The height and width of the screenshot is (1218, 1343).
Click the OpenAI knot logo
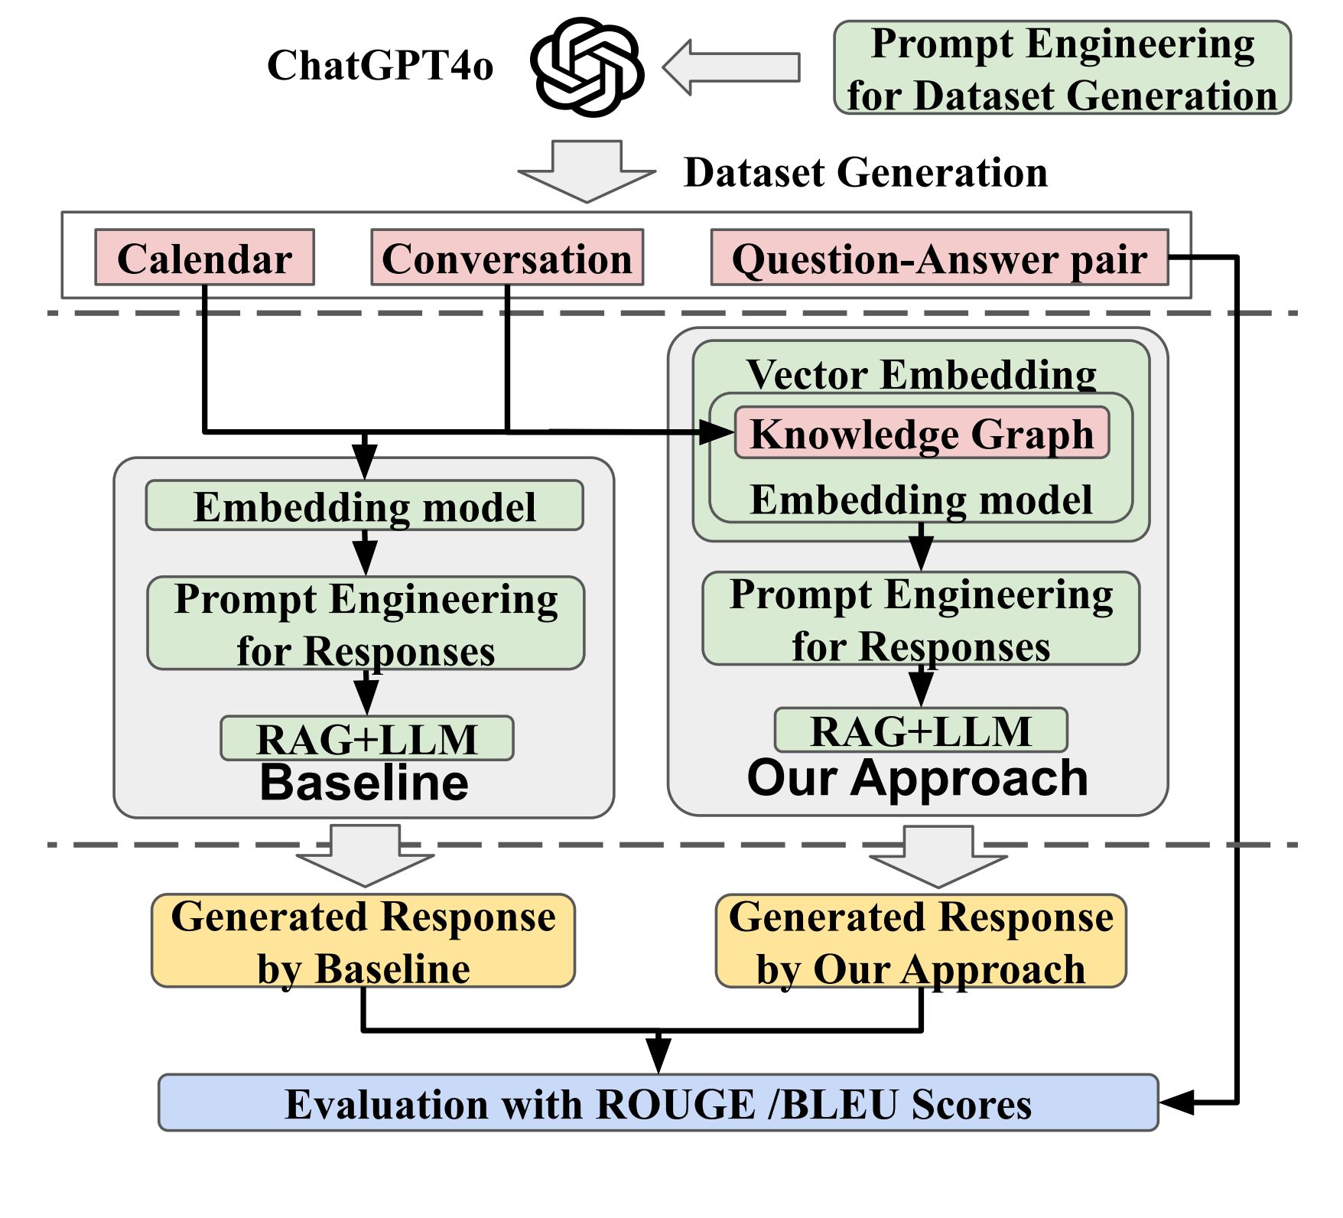pos(587,67)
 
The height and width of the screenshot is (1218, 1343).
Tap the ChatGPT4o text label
pos(380,66)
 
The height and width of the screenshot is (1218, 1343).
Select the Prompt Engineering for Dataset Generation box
pos(1062,68)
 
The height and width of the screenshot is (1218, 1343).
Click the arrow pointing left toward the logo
pos(730,67)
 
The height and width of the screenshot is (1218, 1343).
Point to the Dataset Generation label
pos(865,173)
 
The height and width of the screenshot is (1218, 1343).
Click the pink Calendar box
pos(204,258)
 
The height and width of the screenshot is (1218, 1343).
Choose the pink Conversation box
pos(507,258)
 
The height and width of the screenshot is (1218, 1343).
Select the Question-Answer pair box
pos(939,258)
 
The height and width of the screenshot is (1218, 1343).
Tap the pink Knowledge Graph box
pos(922,433)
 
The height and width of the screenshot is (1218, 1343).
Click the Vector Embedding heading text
pos(921,375)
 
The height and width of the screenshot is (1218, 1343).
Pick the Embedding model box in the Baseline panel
pos(364,506)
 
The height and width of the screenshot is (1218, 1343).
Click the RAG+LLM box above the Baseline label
pos(366,738)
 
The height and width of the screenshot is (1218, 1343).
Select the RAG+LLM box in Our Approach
pos(921,730)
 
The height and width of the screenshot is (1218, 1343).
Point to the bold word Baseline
pos(364,783)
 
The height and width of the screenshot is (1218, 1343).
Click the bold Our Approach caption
pos(917,779)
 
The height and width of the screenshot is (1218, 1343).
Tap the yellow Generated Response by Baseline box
pos(363,940)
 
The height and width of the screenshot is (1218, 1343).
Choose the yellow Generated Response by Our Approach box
pos(921,941)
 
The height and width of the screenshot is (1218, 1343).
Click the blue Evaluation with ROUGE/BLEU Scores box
pos(658,1103)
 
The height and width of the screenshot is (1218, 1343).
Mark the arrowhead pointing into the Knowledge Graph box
pos(718,432)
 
